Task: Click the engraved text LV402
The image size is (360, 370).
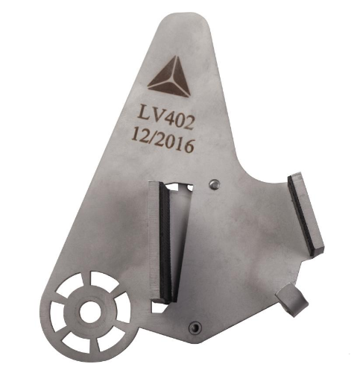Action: [165, 117]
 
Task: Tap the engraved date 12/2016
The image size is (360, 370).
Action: [163, 140]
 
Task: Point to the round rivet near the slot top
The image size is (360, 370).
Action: [214, 184]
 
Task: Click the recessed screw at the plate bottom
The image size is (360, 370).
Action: [195, 327]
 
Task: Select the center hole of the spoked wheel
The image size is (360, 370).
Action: [90, 312]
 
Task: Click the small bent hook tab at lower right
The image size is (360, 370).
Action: [292, 300]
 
